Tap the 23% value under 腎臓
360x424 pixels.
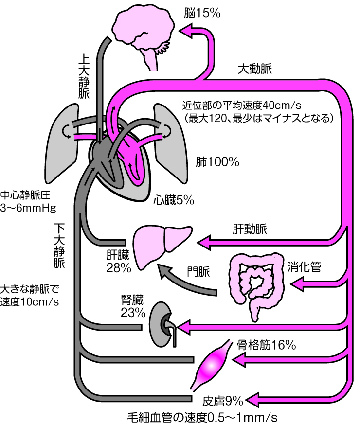133,313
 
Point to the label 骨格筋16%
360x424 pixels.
266,346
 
